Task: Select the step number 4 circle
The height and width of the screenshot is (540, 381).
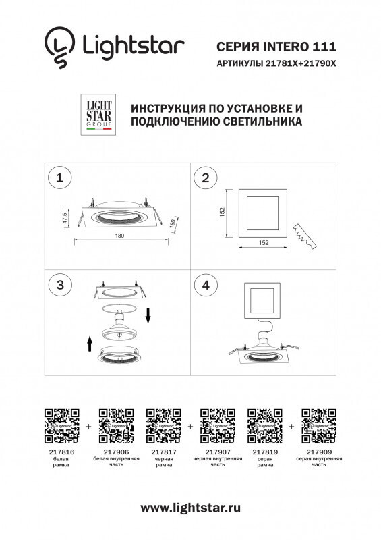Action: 204,285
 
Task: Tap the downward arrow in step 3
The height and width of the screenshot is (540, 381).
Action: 148,314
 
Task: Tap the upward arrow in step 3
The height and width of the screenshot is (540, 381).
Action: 89,345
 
